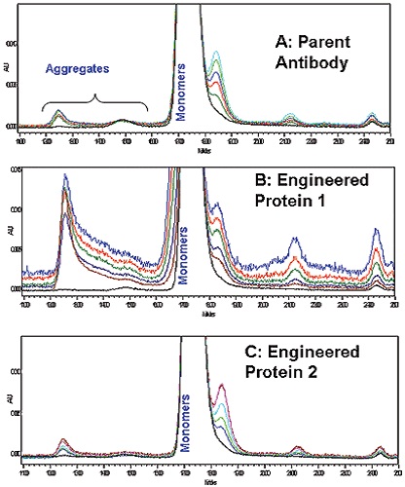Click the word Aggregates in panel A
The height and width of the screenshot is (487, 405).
pos(80,70)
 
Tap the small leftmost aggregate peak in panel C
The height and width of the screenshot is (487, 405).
pos(63,441)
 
